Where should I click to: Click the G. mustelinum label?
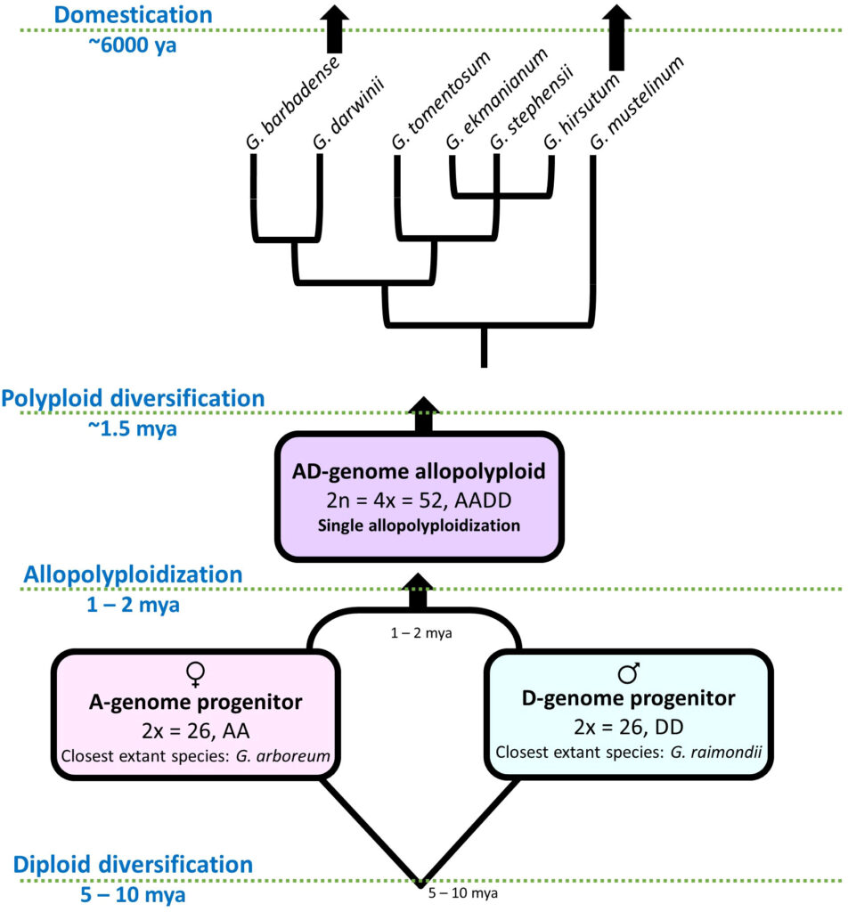point(636,103)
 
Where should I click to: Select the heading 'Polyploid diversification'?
point(134,398)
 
